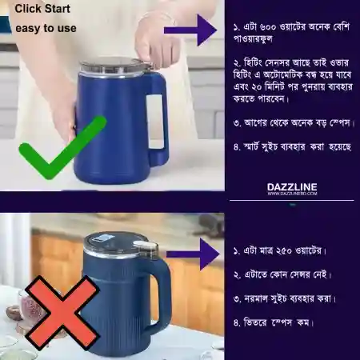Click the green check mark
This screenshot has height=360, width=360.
coord(61,149)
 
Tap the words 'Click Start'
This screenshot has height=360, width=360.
coord(42,10)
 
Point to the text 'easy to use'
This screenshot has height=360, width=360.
coord(46,28)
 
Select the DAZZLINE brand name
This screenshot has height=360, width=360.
coord(292,186)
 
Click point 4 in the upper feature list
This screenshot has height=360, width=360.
coord(293,146)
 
